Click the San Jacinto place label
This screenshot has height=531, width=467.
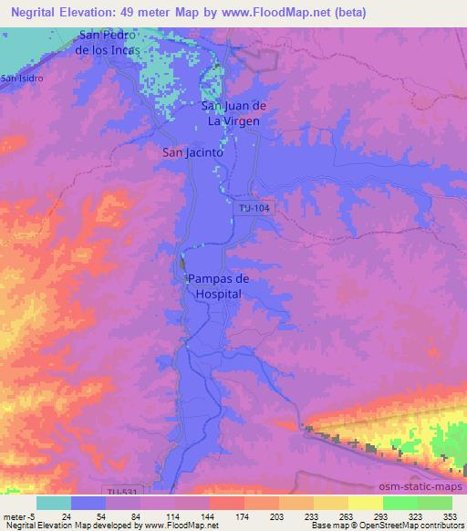(x=192, y=153)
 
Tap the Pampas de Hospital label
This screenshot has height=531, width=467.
(x=217, y=286)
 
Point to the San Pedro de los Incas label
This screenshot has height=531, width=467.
(x=109, y=43)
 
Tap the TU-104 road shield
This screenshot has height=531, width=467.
(x=253, y=208)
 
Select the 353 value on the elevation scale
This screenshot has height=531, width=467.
(x=437, y=515)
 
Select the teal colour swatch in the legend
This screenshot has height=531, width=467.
(x=54, y=503)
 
